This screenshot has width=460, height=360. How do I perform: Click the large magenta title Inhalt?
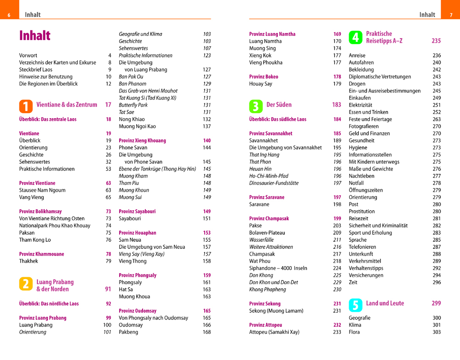pyautogui.click(x=35, y=36)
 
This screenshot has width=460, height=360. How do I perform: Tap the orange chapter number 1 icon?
pyautogui.click(x=26, y=106)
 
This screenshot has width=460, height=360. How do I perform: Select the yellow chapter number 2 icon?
pyautogui.click(x=26, y=284)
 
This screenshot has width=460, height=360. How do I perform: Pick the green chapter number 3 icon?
pyautogui.click(x=255, y=106)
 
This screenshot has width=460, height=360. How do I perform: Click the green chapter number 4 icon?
pyautogui.click(x=355, y=37)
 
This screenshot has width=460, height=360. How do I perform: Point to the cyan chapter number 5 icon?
pyautogui.click(x=355, y=305)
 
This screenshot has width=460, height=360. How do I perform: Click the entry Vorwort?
pyautogui.click(x=29, y=56)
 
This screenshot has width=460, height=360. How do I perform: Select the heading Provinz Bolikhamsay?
pyautogui.click(x=40, y=211)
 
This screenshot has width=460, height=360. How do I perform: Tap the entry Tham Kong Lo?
pyautogui.click(x=35, y=240)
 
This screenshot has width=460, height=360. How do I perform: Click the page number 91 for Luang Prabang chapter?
pyautogui.click(x=108, y=289)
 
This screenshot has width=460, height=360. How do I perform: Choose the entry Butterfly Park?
pyautogui.click(x=133, y=105)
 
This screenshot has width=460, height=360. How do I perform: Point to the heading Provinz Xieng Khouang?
pyautogui.click(x=142, y=141)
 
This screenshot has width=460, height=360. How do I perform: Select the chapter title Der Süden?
pyautogui.click(x=279, y=105)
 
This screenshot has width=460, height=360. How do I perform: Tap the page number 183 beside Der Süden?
pyautogui.click(x=337, y=105)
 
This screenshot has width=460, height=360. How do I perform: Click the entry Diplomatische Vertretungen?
pyautogui.click(x=380, y=77)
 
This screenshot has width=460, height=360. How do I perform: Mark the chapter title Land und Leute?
pyautogui.click(x=385, y=303)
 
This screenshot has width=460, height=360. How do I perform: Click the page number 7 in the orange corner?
pyautogui.click(x=450, y=15)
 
